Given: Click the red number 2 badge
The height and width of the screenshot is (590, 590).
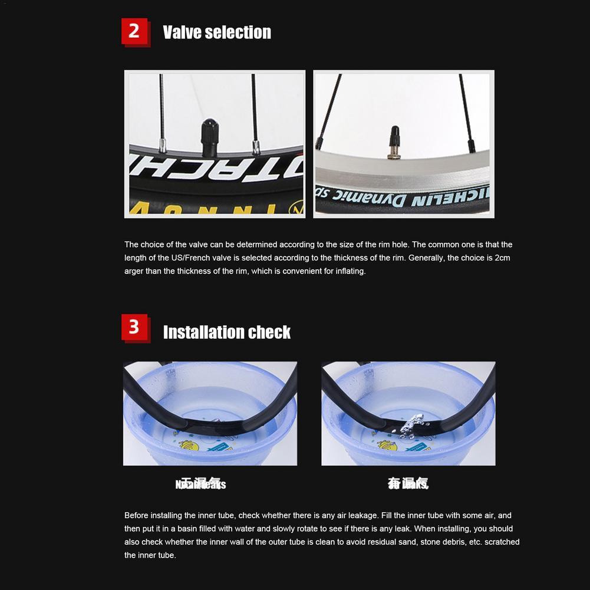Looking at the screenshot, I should click(135, 31).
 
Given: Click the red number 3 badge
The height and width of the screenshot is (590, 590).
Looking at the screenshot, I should click(135, 327).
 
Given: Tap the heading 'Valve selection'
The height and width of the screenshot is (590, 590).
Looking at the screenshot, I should click(217, 32).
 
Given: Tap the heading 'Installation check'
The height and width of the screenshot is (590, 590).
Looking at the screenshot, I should click(227, 332).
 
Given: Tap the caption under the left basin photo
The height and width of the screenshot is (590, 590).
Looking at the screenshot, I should click(201, 484).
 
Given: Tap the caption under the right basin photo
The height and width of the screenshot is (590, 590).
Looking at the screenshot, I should click(408, 484).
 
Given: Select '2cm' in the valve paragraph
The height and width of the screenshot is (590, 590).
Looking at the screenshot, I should click(502, 258).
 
